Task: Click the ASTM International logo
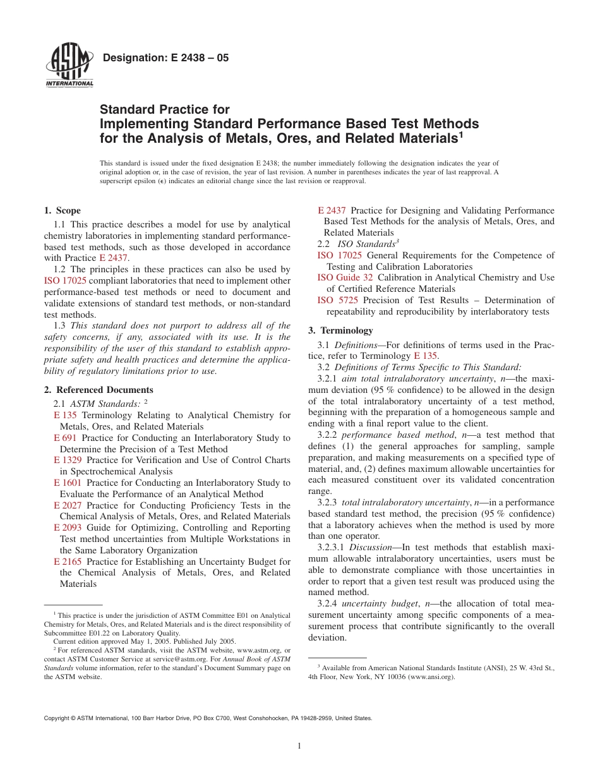click(x=69, y=66)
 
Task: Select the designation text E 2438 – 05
click(x=165, y=58)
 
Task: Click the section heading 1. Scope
click(x=62, y=210)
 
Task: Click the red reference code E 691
click(x=65, y=438)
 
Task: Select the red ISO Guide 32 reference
click(x=345, y=277)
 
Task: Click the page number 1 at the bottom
click(x=299, y=746)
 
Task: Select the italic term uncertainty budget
click(x=380, y=603)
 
